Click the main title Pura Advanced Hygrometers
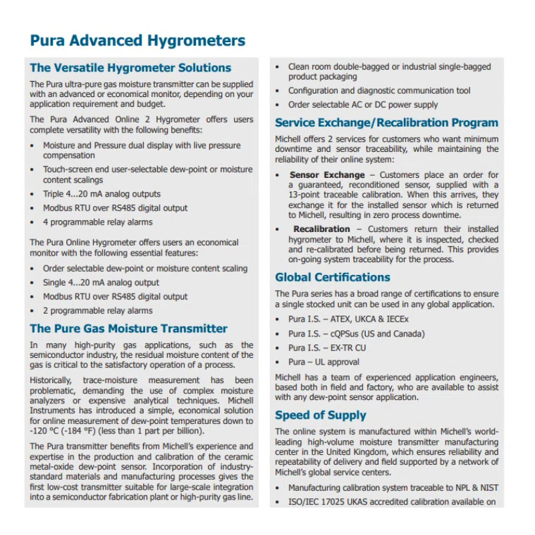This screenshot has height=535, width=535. coord(137,41)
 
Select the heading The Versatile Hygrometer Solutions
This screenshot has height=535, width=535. coord(130,68)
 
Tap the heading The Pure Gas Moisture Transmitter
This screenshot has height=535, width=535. coord(128,328)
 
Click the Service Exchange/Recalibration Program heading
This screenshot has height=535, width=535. coord(387,122)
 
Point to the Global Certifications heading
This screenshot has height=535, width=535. coord(332,277)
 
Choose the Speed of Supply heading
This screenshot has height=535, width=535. coord(320,415)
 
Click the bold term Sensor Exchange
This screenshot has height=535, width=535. coord(318,175)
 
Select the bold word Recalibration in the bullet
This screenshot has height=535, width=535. coord(321,229)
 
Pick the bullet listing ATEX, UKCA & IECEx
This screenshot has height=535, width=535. coord(348,319)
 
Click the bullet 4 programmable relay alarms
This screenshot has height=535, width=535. coord(98,222)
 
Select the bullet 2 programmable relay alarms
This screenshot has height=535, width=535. coord(98,310)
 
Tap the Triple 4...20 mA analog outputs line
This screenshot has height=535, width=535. coord(102,194)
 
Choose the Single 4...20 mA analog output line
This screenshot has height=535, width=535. coord(101,282)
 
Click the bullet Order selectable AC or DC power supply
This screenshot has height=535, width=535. coord(363,104)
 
